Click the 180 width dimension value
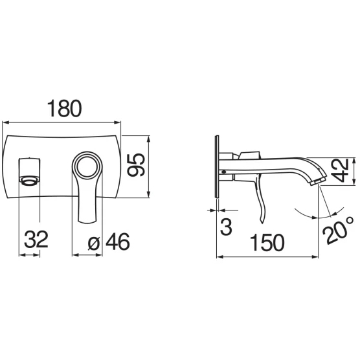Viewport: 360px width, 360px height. tap(64, 108)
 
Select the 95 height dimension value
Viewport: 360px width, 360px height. tap(136, 165)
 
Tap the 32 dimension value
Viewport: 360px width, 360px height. tap(36, 239)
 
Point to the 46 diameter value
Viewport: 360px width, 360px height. tap(118, 242)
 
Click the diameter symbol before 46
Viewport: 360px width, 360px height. tap(94, 243)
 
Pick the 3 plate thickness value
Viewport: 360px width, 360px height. tap(226, 226)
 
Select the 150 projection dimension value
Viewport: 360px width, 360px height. tap(267, 242)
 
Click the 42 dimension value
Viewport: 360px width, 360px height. tap(341, 170)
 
